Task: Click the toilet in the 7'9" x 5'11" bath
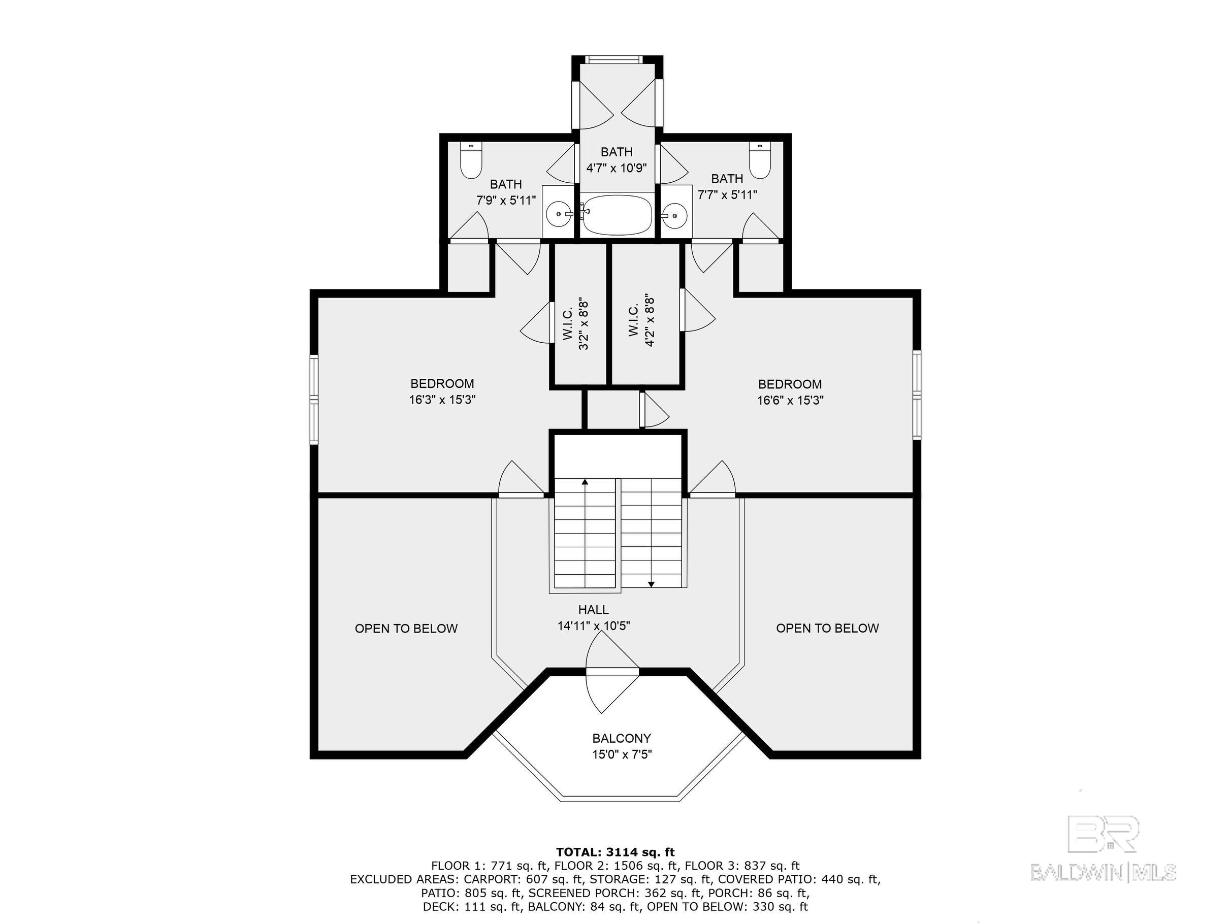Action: pos(471,161)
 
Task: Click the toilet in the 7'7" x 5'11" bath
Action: pos(759,161)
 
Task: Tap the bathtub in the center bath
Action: pos(617,215)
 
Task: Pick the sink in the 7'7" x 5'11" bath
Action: pos(675,214)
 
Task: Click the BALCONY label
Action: pos(622,738)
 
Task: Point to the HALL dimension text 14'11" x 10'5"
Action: pos(594,626)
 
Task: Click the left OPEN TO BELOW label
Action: pos(406,628)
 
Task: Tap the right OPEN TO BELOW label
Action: pos(828,628)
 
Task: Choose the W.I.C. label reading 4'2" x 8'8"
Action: pos(641,321)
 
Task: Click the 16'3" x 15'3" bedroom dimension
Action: pos(442,400)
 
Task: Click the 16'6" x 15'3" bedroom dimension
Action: pos(790,400)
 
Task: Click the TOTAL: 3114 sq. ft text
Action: pos(615,852)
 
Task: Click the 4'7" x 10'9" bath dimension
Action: pos(617,168)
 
